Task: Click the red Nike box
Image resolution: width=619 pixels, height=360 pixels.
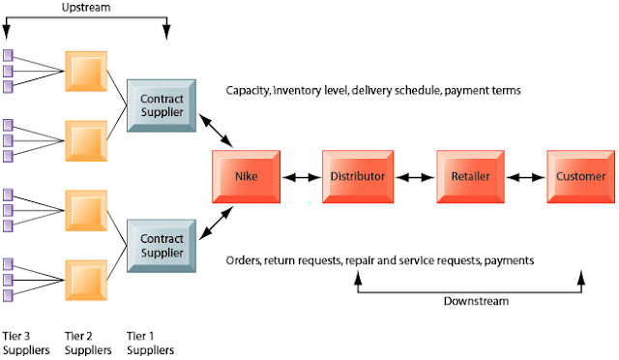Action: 247,177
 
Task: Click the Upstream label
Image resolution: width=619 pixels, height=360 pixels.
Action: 87,7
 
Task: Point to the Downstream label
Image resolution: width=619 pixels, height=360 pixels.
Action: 474,300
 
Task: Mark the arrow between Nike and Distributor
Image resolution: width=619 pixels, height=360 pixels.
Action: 301,178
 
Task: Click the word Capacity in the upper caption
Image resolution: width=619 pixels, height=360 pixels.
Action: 250,91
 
